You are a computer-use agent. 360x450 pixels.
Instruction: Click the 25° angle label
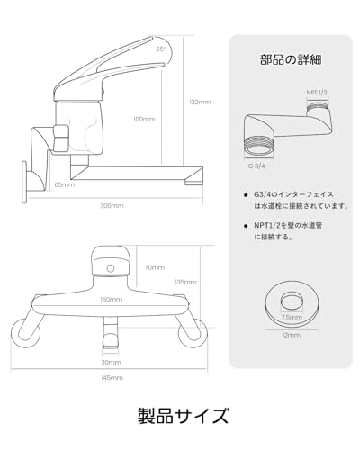(x=160, y=49)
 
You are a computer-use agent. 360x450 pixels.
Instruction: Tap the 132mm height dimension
(x=202, y=102)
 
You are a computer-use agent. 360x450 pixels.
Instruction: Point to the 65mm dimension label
(x=64, y=184)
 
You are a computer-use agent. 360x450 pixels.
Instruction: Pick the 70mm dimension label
(x=155, y=267)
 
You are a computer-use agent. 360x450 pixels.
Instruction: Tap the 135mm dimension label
(x=185, y=282)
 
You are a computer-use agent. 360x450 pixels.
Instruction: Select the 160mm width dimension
(x=111, y=299)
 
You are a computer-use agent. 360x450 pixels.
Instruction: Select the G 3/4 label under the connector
(x=257, y=166)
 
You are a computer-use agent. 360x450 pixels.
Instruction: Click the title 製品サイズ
(x=180, y=416)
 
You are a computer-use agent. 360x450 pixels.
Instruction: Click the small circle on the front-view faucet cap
(x=111, y=268)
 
